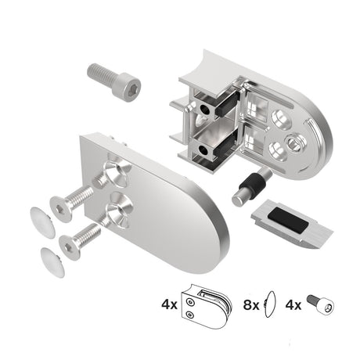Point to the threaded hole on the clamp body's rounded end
pos(297,141)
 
